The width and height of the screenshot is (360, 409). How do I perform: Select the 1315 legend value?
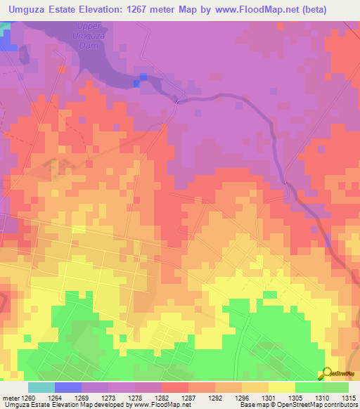tap(349, 397)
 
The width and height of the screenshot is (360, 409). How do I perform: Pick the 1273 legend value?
tap(108, 397)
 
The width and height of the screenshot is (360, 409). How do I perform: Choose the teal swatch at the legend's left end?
tap(41, 387)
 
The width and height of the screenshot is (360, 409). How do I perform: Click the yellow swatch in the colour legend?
tap(281, 387)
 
